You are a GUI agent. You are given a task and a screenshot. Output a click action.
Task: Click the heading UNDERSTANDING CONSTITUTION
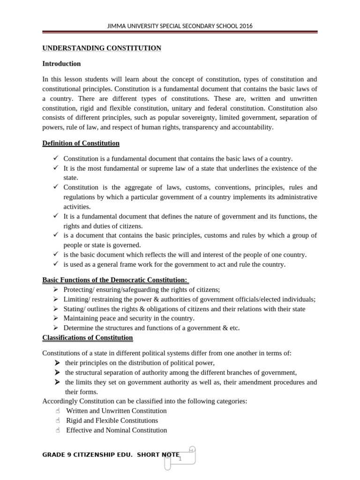(x=102, y=48)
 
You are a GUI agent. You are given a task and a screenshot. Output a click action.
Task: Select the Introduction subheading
(x=61, y=64)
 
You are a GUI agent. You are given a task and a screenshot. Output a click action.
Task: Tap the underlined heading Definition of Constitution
(x=81, y=143)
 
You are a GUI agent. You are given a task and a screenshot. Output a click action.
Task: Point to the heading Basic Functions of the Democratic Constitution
(x=115, y=280)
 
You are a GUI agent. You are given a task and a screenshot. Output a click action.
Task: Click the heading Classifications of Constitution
(x=88, y=338)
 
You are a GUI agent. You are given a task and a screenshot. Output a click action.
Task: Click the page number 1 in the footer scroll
(x=180, y=459)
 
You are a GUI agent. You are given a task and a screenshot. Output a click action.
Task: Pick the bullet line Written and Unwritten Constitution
(x=116, y=411)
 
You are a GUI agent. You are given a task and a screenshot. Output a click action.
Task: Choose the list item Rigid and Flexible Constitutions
(x=112, y=420)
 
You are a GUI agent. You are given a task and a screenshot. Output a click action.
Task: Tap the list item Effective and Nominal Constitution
(x=116, y=430)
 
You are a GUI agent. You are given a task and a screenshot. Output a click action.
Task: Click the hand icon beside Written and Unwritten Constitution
(x=58, y=411)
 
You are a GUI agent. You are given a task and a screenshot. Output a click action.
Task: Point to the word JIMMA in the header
(x=117, y=26)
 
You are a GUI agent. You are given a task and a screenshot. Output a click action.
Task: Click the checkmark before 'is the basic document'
(x=55, y=255)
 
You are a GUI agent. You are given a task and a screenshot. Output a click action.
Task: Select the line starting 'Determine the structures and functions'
(x=151, y=328)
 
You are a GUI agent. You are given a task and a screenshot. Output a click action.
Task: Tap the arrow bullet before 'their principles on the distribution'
(x=57, y=363)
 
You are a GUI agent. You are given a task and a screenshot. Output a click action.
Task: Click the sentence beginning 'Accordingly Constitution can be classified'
(x=144, y=401)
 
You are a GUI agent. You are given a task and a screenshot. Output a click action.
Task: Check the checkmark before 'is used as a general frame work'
(x=55, y=264)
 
